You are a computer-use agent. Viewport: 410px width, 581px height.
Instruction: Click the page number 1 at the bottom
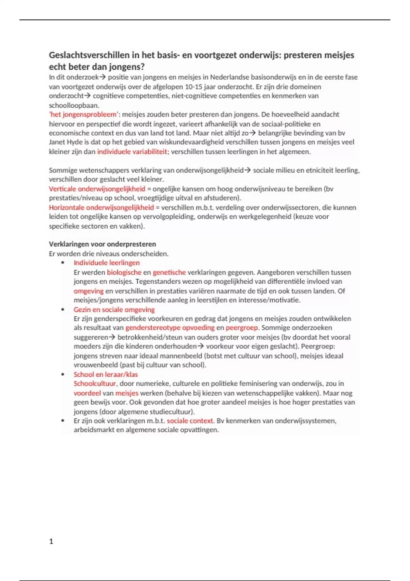pyautogui.click(x=51, y=541)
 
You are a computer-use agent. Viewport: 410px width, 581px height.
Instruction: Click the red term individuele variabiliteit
pyautogui.click(x=132, y=152)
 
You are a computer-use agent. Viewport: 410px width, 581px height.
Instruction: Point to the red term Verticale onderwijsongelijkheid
pyautogui.click(x=97, y=189)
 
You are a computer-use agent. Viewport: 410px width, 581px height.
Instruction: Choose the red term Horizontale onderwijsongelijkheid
pyautogui.click(x=101, y=207)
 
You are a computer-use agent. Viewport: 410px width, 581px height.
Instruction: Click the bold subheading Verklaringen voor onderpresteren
pyautogui.click(x=102, y=244)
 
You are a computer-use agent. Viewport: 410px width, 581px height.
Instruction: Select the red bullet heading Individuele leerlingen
pyautogui.click(x=107, y=263)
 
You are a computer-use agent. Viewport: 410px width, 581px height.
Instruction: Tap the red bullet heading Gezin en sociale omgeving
pyautogui.click(x=114, y=310)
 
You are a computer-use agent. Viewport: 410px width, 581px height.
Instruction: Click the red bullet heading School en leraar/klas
pyautogui.click(x=106, y=375)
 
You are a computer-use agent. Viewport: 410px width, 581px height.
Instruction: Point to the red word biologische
pyautogui.click(x=124, y=272)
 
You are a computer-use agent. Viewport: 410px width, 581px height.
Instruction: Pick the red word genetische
pyautogui.click(x=169, y=272)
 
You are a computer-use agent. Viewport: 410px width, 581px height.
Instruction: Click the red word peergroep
pyautogui.click(x=242, y=328)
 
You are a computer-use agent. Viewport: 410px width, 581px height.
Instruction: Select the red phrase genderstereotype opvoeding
pyautogui.click(x=170, y=328)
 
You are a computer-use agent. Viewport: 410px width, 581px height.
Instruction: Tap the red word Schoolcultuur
pyautogui.click(x=95, y=383)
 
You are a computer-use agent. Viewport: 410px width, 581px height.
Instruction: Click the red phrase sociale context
pyautogui.click(x=190, y=421)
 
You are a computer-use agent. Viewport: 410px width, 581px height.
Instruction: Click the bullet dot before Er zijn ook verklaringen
pyautogui.click(x=63, y=421)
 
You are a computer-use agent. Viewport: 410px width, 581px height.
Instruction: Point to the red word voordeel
pyautogui.click(x=87, y=393)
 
